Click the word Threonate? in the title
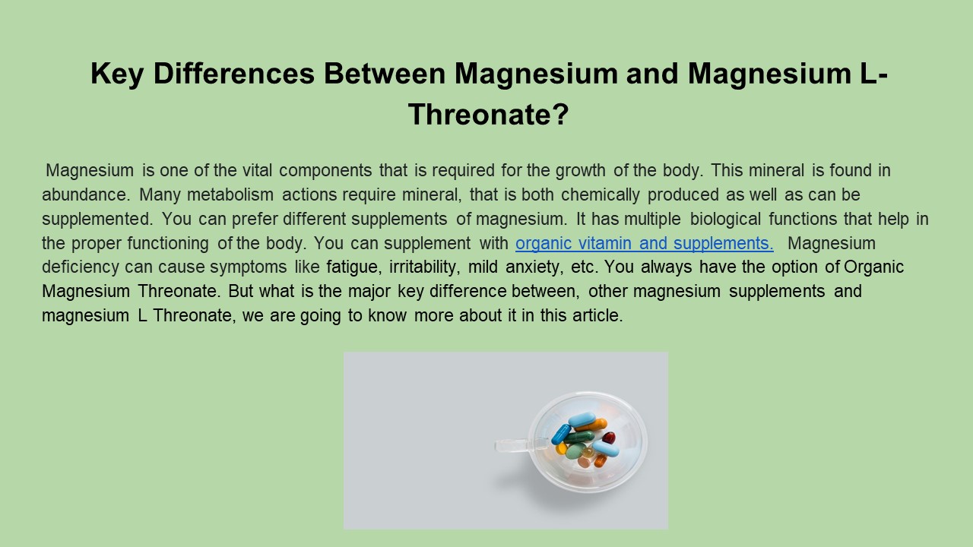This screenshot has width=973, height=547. [488, 115]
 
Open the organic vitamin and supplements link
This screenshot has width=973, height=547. [644, 243]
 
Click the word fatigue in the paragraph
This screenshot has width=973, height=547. [351, 267]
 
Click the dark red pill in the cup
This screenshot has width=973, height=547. [609, 438]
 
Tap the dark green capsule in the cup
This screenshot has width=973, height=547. [578, 437]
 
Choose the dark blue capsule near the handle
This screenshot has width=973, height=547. [561, 434]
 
